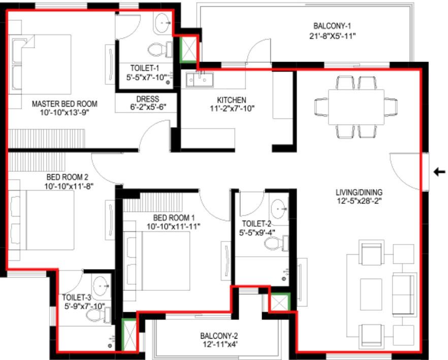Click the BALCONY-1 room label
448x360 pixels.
coord(332,26)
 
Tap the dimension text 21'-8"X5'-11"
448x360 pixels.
coord(332,36)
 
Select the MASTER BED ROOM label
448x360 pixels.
coord(65,104)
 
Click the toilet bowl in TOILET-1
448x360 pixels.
coord(158,50)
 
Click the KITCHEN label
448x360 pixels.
coord(232,100)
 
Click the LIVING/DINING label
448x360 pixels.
coord(359,192)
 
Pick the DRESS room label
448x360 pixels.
coord(147,99)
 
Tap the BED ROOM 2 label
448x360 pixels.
coord(68,177)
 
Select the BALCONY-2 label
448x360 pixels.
coord(219,336)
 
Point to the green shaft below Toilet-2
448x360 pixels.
coord(280,303)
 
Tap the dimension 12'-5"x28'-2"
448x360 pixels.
coord(359,201)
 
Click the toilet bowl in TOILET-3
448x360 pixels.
coord(95,316)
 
